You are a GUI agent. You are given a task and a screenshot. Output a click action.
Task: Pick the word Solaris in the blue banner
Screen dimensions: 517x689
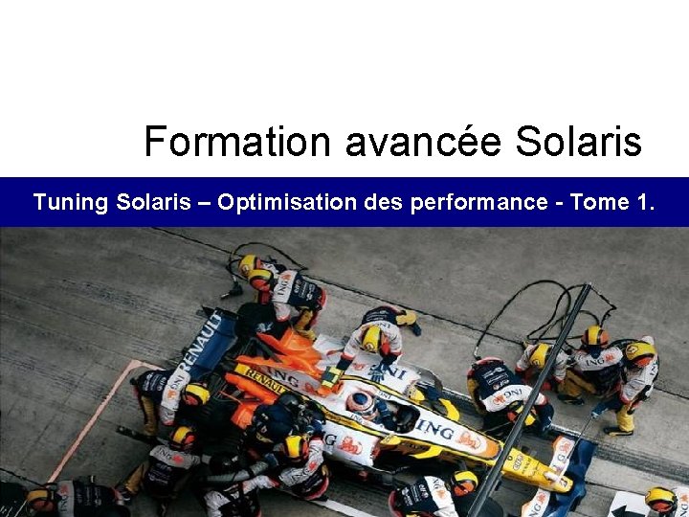point(153,202)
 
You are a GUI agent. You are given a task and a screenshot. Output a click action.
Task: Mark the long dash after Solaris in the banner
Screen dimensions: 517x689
point(204,203)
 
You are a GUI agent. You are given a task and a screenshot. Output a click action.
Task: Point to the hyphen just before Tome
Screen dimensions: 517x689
point(562,203)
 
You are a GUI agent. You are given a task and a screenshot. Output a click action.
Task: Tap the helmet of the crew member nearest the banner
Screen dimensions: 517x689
point(251,265)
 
